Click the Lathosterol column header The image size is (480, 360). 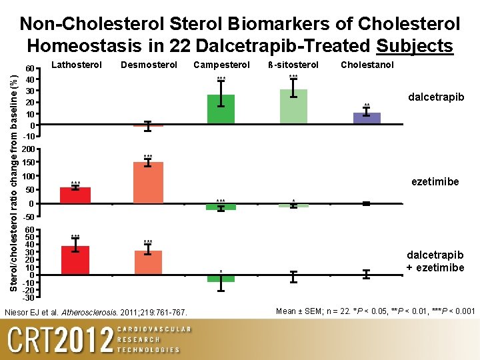point(77,65)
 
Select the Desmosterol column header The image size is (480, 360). point(149,65)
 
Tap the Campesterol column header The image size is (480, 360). point(221,65)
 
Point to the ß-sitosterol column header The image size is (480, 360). point(293,65)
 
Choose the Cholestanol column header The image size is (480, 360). point(367,65)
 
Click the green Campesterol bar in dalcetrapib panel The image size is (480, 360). point(221,109)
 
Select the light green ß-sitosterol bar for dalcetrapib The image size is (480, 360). point(293,107)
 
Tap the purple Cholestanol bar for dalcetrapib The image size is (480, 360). point(367,118)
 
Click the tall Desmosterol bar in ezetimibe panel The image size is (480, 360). point(149,183)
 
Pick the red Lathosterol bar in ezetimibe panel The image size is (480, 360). point(75,195)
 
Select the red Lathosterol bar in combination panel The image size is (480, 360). point(75,260)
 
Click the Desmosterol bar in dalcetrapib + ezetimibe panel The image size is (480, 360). point(149,263)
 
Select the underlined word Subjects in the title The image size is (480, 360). point(415,46)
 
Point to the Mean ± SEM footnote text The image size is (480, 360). point(375,311)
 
